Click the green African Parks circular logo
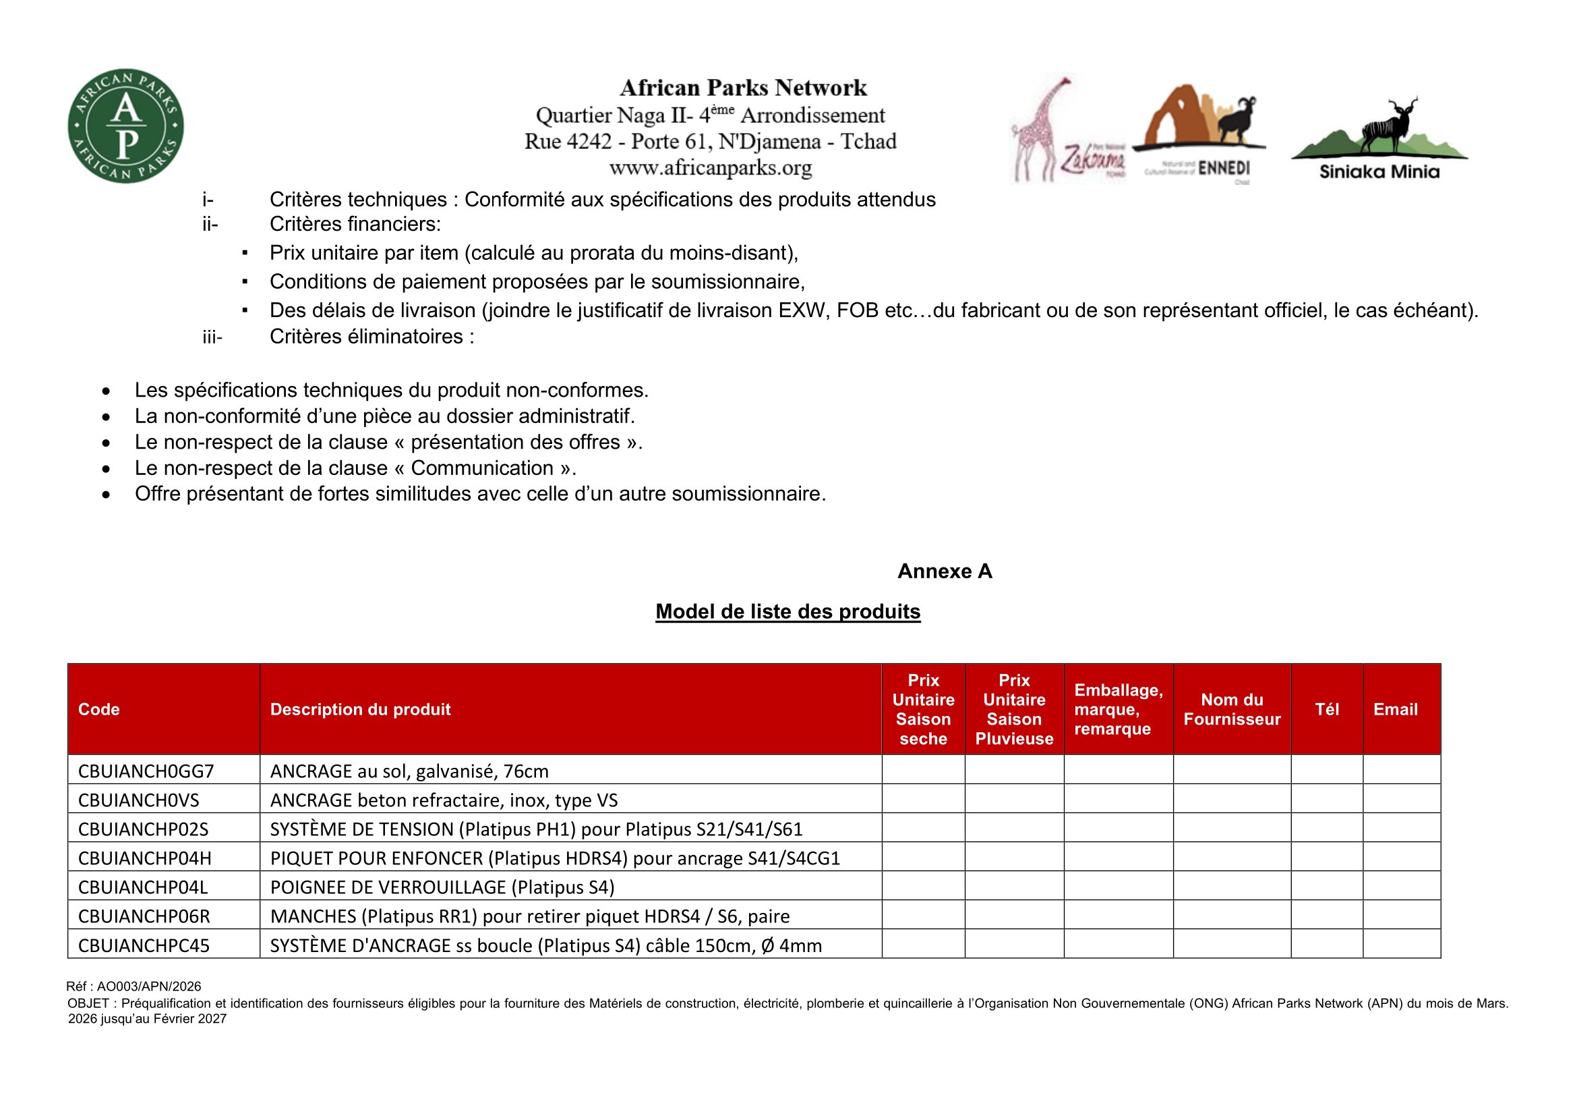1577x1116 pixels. (125, 125)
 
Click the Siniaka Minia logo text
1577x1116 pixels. (1379, 172)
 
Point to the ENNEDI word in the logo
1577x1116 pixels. (1224, 169)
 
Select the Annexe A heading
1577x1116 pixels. (945, 571)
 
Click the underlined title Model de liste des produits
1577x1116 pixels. (787, 611)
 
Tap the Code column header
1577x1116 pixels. (99, 709)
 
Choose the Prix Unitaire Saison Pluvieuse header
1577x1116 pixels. (1014, 709)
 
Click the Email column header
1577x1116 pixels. (1395, 709)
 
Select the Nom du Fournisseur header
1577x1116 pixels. (1232, 709)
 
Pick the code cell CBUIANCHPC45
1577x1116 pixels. (144, 945)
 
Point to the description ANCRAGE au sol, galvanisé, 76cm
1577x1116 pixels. (409, 771)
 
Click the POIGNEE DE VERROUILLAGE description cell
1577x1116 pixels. (442, 887)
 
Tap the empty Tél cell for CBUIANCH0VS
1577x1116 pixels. (1326, 799)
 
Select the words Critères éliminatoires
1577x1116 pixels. (371, 337)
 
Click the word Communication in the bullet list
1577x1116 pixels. (482, 468)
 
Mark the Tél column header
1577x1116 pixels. (1326, 709)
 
